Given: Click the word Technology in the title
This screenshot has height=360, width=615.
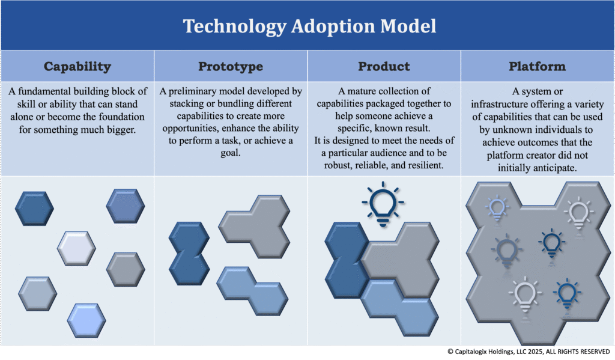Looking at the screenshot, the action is [235, 26].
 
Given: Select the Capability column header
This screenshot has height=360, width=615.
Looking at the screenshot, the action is [77, 67].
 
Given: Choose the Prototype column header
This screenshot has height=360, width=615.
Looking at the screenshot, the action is [231, 67].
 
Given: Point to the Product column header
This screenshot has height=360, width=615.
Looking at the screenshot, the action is [384, 66].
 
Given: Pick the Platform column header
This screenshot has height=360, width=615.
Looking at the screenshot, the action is [538, 66].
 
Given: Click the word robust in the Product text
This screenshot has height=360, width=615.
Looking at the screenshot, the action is [338, 166].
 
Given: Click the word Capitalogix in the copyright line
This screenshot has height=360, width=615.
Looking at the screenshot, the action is [474, 352].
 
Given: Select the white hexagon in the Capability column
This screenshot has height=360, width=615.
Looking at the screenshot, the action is [76, 248].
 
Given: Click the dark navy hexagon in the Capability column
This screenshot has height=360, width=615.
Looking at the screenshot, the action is [34, 209].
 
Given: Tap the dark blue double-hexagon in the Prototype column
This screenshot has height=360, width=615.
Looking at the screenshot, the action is [189, 254].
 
